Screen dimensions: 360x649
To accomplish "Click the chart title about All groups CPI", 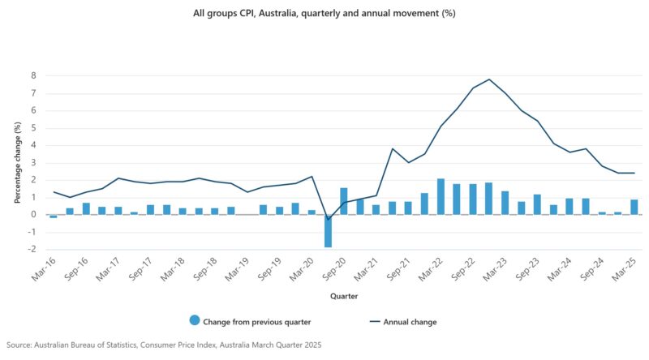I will click(324, 13).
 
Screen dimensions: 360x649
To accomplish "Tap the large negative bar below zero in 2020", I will click(328, 230).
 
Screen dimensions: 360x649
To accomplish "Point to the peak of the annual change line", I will click(489, 79).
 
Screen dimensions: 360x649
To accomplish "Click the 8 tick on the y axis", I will click(34, 75).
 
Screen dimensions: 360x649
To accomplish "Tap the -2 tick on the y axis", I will click(32, 249).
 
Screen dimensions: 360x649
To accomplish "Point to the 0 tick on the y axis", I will click(34, 214).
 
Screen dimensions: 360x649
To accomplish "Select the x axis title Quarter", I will click(338, 296).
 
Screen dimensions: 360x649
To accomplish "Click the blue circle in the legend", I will click(195, 322).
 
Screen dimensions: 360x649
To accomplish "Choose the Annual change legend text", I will click(410, 322).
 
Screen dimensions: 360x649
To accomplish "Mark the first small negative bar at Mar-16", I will click(54, 216).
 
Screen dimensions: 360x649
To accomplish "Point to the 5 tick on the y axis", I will click(34, 127).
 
